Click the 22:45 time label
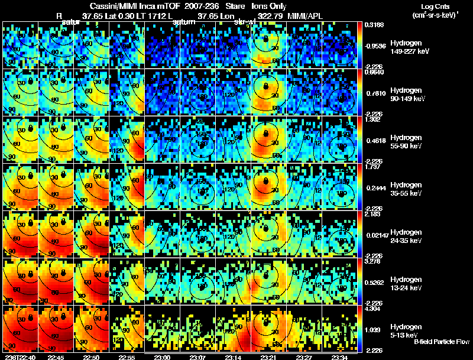pyautogui.click(x=56, y=357)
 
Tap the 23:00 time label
pyautogui.click(x=162, y=357)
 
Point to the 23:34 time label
pyautogui.click(x=339, y=357)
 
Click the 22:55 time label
pyautogui.click(x=127, y=357)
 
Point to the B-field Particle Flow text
pyautogui.click(x=441, y=342)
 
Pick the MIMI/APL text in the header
pyautogui.click(x=306, y=17)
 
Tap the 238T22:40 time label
pyautogui.click(x=19, y=357)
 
